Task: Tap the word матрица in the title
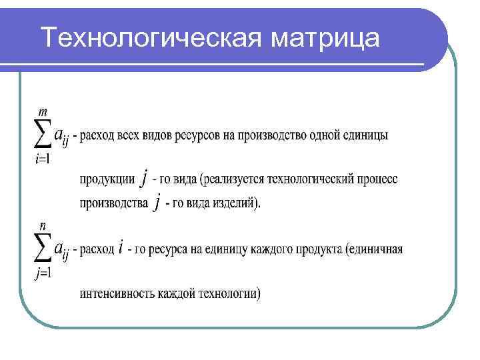point(326,38)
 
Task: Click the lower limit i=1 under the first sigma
point(41,159)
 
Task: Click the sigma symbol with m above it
point(41,135)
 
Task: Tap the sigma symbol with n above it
point(41,248)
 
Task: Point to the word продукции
point(107,179)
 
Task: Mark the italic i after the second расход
point(121,249)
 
